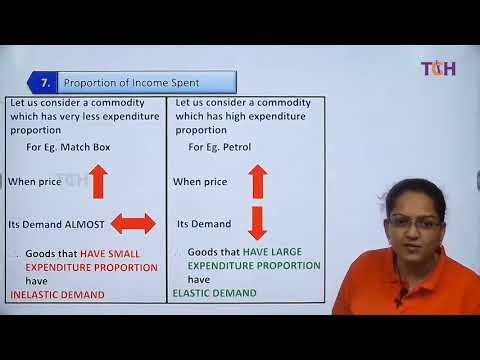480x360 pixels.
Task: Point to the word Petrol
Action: coord(235,147)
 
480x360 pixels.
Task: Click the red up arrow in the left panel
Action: coord(98,181)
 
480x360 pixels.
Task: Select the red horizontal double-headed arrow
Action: coord(132,223)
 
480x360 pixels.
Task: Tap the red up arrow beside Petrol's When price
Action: coord(257,181)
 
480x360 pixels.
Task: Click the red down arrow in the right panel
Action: coord(257,222)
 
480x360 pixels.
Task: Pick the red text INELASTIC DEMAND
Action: coord(58,295)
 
